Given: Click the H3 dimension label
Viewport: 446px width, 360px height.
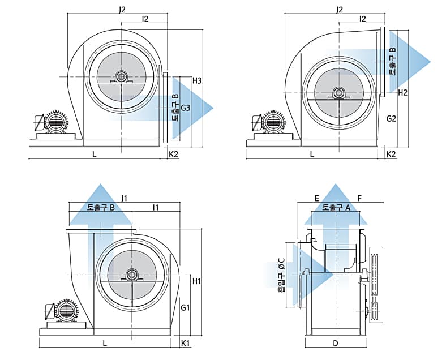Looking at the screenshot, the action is click(197, 81).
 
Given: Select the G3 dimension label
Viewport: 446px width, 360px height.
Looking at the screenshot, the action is click(186, 108).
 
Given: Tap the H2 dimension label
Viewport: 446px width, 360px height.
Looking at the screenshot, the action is click(403, 92).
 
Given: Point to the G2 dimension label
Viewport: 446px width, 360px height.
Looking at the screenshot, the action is click(392, 118).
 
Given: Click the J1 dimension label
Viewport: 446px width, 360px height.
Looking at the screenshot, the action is click(124, 198).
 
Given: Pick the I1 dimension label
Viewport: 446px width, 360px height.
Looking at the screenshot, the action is click(156, 207).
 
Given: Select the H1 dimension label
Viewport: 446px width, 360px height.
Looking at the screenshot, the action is click(197, 281).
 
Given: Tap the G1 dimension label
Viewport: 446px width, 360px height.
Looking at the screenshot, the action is click(185, 307).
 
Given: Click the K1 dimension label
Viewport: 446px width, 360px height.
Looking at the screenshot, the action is click(185, 343).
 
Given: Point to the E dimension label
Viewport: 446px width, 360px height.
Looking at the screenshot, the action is click(317, 198).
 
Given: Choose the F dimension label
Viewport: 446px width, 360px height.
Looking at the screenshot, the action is click(359, 198).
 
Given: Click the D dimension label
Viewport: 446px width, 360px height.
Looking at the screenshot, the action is click(336, 343).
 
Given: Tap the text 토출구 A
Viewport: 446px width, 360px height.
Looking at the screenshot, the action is click(337, 208).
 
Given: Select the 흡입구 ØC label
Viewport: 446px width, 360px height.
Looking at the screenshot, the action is click(282, 275).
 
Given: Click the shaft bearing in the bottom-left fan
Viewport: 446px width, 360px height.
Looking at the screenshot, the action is click(131, 275).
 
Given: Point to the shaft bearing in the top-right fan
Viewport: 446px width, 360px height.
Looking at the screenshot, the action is click(339, 93).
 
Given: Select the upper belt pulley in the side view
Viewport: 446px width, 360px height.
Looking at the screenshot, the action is click(375, 272).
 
